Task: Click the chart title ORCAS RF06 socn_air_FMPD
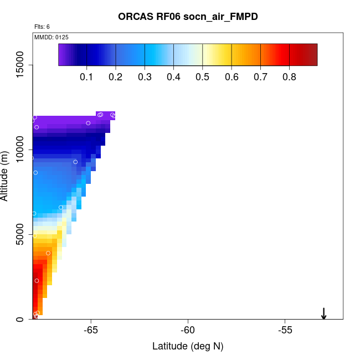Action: (188, 17)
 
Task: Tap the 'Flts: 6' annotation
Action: (42, 27)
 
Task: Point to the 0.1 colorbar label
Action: (86, 76)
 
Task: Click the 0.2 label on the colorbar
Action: (115, 76)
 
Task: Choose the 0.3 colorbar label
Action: (145, 76)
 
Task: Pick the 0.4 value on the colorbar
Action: (173, 76)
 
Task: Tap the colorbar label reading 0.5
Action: (203, 76)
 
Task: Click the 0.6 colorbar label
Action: (232, 76)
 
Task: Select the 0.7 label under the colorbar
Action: (261, 76)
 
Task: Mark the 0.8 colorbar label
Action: (290, 76)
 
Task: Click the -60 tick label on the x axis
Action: (188, 330)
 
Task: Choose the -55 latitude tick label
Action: (285, 330)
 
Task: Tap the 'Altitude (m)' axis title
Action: (5, 176)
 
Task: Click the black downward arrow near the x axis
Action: (324, 313)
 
